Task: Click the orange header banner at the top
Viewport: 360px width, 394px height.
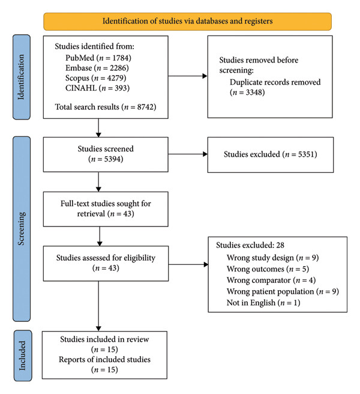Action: click(x=187, y=22)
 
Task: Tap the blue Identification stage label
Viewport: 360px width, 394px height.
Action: click(x=22, y=77)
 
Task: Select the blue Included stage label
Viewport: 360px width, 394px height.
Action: click(x=23, y=356)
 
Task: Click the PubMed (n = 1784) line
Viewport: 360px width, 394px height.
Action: click(x=98, y=58)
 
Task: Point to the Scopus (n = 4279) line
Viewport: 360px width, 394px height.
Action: click(x=95, y=78)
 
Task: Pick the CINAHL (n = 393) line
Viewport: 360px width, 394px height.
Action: click(x=97, y=88)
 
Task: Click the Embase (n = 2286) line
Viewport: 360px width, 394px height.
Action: click(x=97, y=68)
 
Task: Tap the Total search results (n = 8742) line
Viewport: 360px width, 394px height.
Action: click(x=106, y=107)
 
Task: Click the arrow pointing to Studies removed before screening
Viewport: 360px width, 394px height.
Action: click(x=188, y=76)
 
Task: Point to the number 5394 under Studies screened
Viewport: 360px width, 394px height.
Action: click(x=113, y=159)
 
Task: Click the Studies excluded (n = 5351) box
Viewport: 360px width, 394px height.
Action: click(x=271, y=155)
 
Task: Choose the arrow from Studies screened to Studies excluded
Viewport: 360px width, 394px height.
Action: click(x=188, y=154)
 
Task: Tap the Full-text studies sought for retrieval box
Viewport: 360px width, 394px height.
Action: click(x=106, y=209)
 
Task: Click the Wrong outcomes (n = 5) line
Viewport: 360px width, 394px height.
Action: click(x=268, y=269)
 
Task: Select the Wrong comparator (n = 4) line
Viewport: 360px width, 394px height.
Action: click(x=271, y=280)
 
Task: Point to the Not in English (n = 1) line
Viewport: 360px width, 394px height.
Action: click(x=263, y=303)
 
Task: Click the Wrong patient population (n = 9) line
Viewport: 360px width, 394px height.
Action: click(x=283, y=291)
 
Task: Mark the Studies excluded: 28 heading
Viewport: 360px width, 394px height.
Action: click(x=250, y=245)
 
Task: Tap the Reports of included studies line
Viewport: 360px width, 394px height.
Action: click(x=104, y=359)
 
